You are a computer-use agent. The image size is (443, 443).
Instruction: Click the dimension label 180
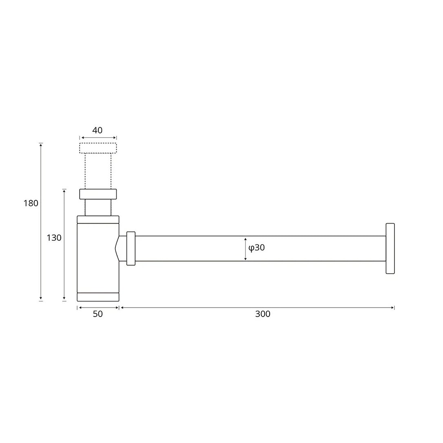[31, 203]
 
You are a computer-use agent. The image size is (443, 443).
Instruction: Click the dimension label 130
[54, 238]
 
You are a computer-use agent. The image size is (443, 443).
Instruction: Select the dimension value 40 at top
[97, 131]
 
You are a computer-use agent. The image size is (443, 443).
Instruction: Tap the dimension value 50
[98, 314]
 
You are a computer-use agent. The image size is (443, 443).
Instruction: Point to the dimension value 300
[263, 314]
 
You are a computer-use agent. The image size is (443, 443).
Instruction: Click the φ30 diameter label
[257, 248]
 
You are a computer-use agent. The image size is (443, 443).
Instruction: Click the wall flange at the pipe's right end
[390, 248]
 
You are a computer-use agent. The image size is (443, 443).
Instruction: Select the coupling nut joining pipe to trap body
[131, 248]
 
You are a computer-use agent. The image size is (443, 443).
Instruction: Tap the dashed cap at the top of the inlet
[98, 148]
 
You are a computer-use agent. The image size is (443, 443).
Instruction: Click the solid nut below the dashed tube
[98, 194]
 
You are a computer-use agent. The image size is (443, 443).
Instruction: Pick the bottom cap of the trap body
[98, 297]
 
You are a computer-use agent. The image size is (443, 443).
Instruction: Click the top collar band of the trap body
[98, 219]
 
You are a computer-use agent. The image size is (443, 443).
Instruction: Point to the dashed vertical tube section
[98, 171]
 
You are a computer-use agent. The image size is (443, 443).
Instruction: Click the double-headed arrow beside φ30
[245, 248]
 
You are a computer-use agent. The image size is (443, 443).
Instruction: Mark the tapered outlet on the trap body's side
[117, 248]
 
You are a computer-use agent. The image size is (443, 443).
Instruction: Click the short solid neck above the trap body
[98, 208]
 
